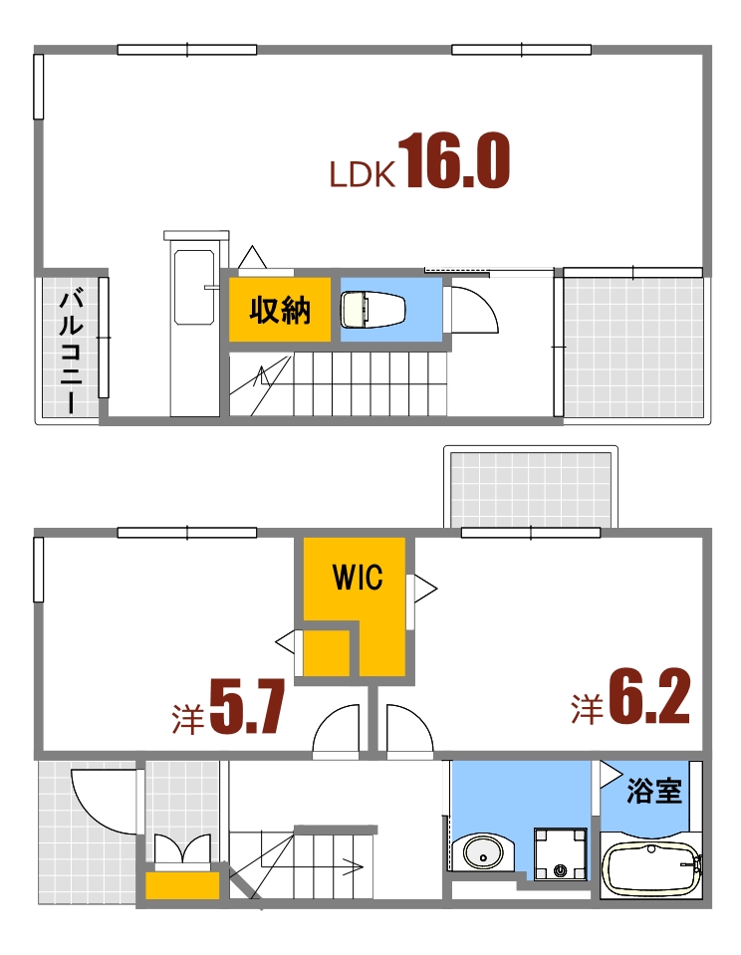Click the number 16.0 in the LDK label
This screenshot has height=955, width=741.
pos(457,163)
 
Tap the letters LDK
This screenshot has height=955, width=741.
pos(365,176)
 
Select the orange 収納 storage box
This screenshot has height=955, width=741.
pos(280,311)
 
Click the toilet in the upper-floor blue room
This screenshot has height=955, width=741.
pos(372,309)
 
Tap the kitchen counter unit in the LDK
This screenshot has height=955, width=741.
pos(194,324)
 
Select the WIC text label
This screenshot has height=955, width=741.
pos(357,579)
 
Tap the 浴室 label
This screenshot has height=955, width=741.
pos(653,792)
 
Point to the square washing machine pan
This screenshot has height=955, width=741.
pos(561,854)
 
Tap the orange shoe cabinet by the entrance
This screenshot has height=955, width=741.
pos(182,885)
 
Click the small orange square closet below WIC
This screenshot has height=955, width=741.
pos(326,651)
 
